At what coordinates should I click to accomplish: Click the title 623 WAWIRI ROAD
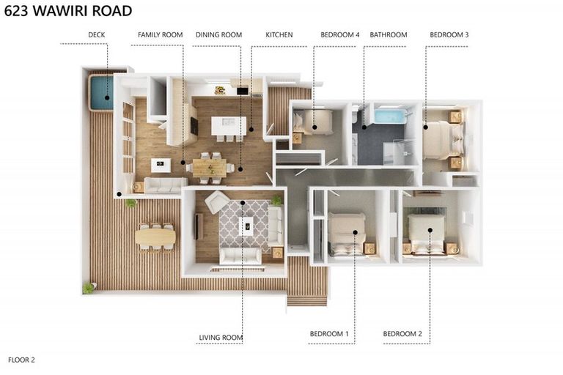click(68, 11)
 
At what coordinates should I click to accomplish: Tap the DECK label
click(97, 35)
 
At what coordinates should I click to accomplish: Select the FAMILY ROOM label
click(160, 35)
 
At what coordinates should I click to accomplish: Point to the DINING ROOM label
click(218, 35)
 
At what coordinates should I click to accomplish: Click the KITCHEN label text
click(279, 35)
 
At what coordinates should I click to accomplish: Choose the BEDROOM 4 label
click(339, 35)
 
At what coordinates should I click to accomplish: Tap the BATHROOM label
click(389, 35)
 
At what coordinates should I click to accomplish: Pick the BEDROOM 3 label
click(449, 35)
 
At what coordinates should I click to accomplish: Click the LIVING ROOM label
click(221, 338)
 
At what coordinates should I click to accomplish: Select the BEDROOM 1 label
click(329, 334)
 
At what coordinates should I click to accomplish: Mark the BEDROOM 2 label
click(402, 334)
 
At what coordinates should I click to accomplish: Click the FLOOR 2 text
click(21, 360)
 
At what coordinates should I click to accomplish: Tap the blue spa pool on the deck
click(102, 93)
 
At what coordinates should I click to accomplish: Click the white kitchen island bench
click(229, 125)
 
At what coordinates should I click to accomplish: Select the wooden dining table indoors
click(210, 168)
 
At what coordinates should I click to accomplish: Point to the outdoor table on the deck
click(155, 237)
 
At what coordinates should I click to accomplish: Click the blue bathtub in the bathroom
click(389, 116)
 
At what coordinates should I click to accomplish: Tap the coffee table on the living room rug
click(247, 226)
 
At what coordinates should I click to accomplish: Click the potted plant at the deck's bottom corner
click(88, 288)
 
